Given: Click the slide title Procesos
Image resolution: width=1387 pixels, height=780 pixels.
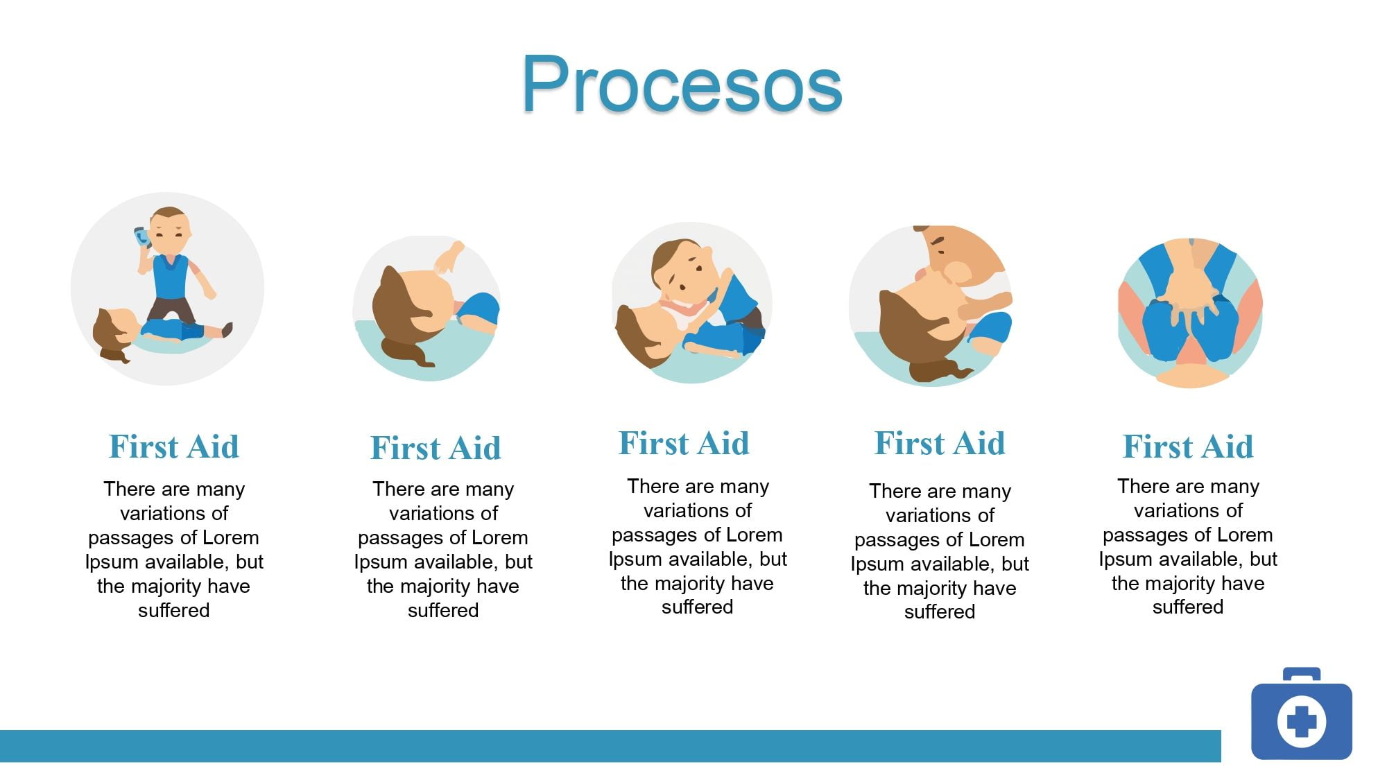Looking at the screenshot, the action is coord(682,85).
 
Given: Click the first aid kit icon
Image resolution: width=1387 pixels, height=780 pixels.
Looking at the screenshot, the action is coord(1301,713).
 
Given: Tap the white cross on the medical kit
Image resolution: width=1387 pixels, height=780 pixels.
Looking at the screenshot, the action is coord(1302,721).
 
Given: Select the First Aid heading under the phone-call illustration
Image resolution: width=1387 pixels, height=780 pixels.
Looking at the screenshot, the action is coord(174,446).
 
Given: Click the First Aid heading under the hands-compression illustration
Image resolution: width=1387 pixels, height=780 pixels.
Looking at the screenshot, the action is coord(1188,446).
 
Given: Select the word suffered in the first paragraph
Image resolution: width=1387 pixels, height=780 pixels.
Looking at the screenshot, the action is coord(173,610).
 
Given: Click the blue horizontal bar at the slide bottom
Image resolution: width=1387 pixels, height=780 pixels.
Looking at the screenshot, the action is coord(610,746).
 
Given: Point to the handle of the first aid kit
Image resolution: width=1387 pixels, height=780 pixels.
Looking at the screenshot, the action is coord(1302,674).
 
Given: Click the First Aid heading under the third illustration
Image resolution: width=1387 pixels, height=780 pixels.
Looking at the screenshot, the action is coord(684,443).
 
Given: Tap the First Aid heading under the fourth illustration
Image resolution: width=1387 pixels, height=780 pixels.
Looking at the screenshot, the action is coord(940,443).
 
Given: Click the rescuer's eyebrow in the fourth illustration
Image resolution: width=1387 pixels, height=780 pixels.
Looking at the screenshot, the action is coord(938,242).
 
